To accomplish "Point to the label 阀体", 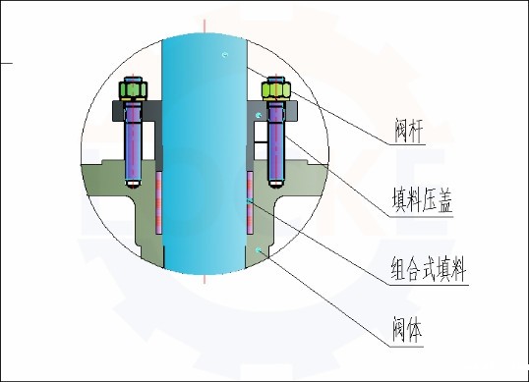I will (407, 326).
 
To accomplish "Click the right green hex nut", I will (275, 90).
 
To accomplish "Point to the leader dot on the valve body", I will (258, 251).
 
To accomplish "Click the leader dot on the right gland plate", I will (259, 116).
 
